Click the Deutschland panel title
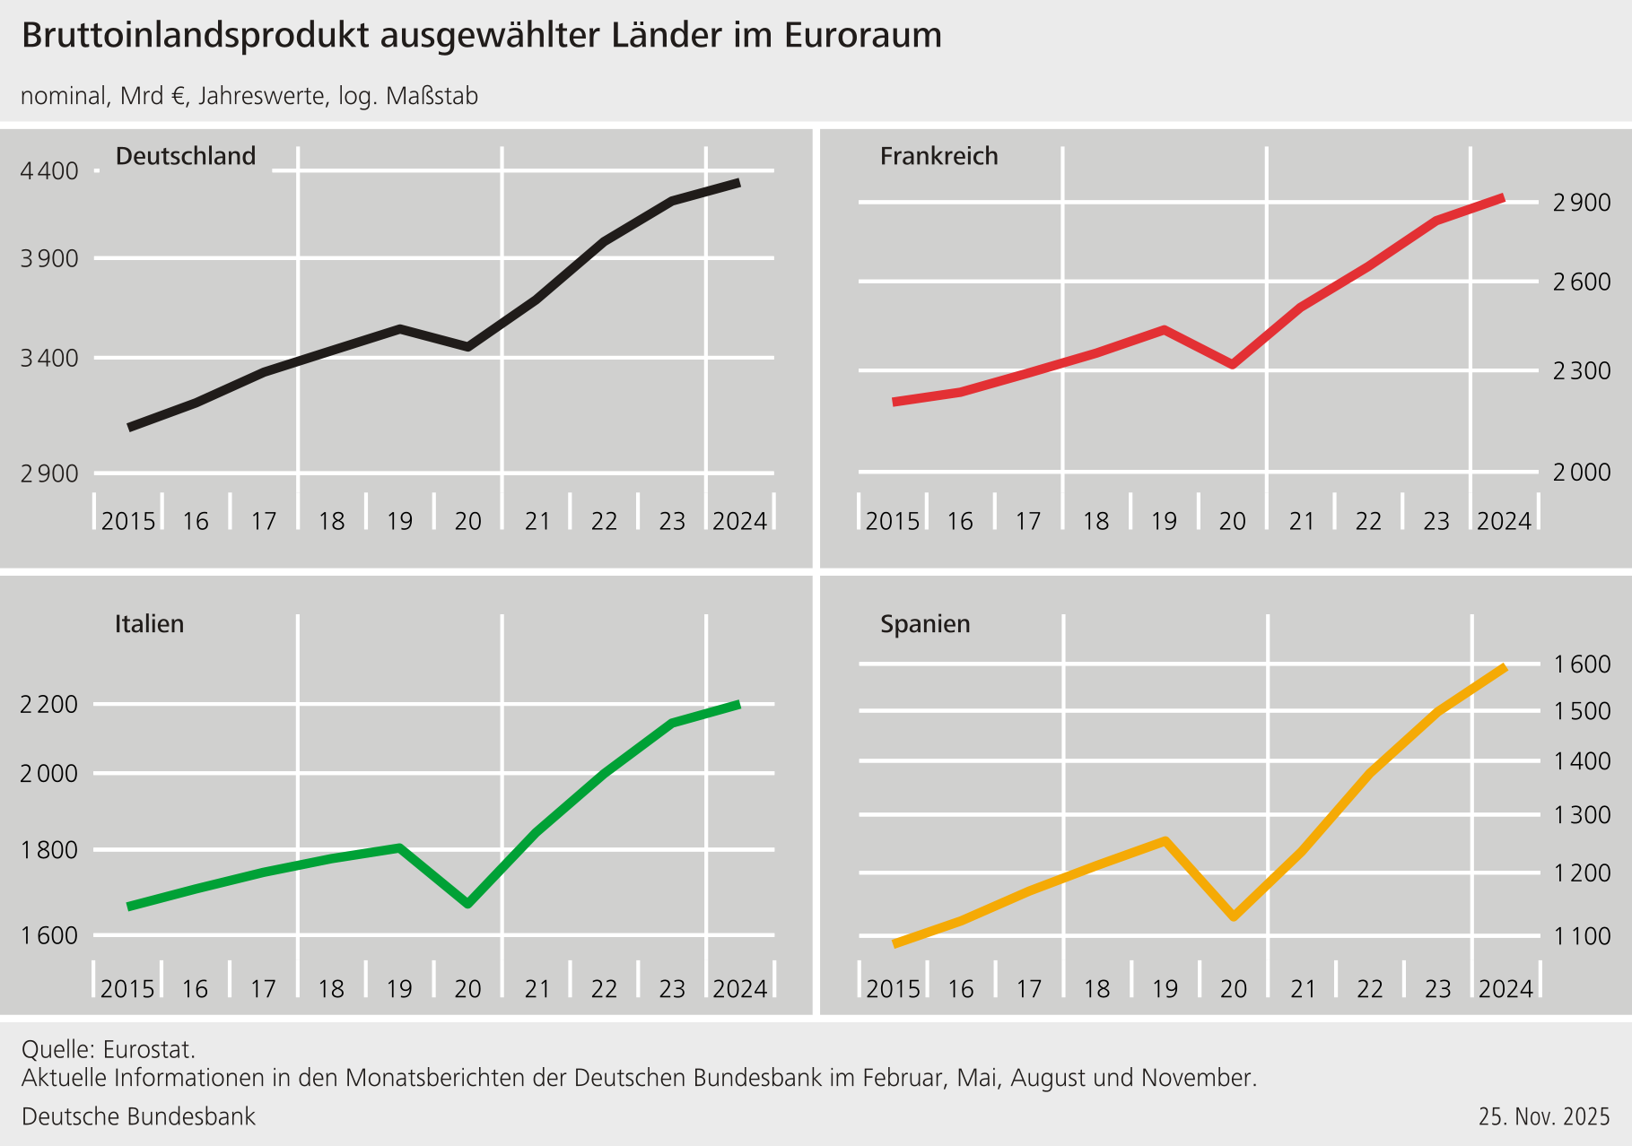tap(186, 156)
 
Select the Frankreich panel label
tap(938, 156)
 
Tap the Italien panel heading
tap(149, 623)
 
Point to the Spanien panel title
tap(925, 623)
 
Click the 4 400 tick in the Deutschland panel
tap(48, 170)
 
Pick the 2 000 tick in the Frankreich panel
tap(1582, 472)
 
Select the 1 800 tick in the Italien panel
tap(48, 849)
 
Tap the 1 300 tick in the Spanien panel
tap(1582, 815)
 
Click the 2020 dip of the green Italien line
tap(467, 903)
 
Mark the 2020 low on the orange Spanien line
tap(1234, 916)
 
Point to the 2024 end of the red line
tap(1503, 197)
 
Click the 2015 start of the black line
tap(131, 427)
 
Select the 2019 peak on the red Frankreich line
tap(1164, 330)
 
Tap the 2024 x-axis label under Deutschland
tap(739, 521)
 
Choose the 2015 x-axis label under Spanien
tap(893, 988)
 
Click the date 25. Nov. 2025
tap(1544, 1116)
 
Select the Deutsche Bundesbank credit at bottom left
tap(138, 1116)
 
